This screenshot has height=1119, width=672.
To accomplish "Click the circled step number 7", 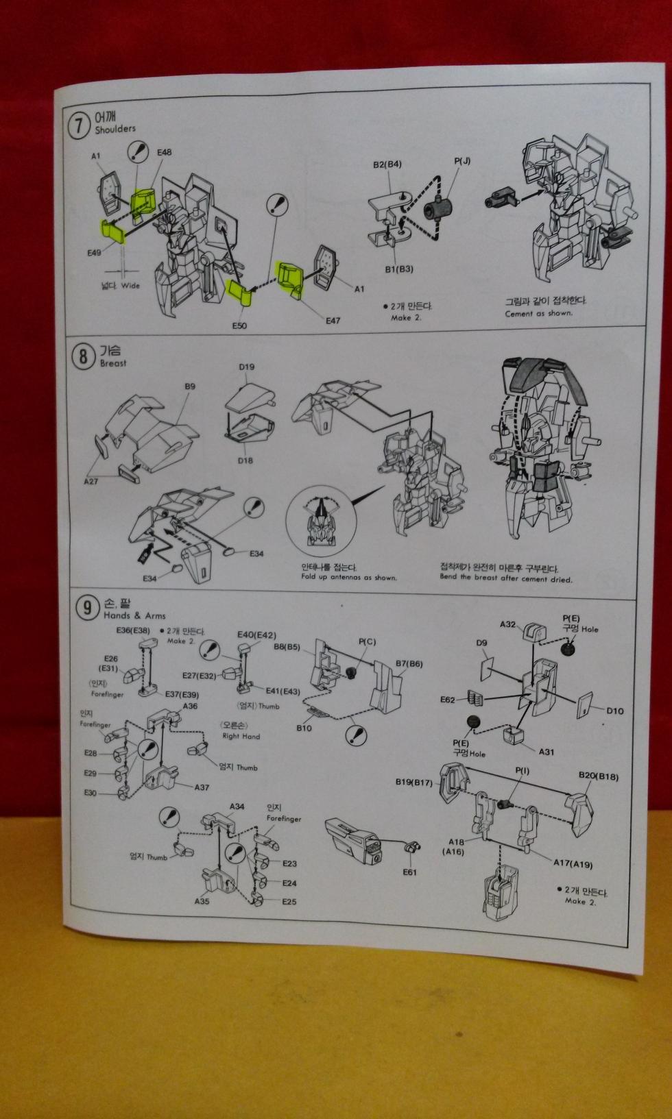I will click(81, 125).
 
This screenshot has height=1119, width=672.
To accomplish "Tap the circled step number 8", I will click(84, 357).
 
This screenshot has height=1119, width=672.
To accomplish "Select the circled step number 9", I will click(86, 608).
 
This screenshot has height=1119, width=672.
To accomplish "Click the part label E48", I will click(164, 152).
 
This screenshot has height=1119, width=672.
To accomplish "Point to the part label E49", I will click(94, 252).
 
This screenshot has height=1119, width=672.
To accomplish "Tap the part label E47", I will click(333, 320).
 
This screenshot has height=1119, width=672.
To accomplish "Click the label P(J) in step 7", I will click(462, 161).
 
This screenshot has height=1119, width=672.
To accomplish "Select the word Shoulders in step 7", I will click(115, 129).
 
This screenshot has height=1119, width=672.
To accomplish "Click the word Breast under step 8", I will click(113, 363).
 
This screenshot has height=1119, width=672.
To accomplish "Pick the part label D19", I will click(247, 367).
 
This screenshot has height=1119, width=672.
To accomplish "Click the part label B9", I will click(190, 386).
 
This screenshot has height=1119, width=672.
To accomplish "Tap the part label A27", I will click(91, 482).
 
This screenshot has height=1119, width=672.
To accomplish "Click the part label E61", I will click(409, 872).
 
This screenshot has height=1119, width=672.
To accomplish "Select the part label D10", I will click(614, 711).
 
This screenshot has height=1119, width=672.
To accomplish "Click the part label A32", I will click(507, 624).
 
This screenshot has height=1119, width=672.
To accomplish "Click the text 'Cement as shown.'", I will click(538, 314).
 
